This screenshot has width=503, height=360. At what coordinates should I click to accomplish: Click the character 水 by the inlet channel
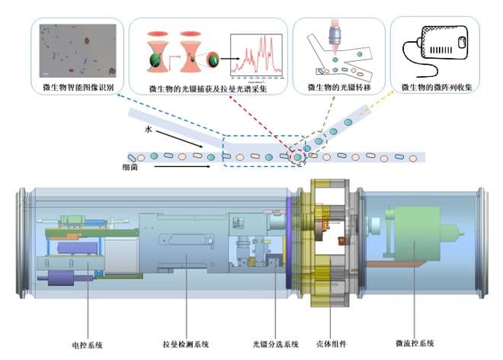[150, 130]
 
